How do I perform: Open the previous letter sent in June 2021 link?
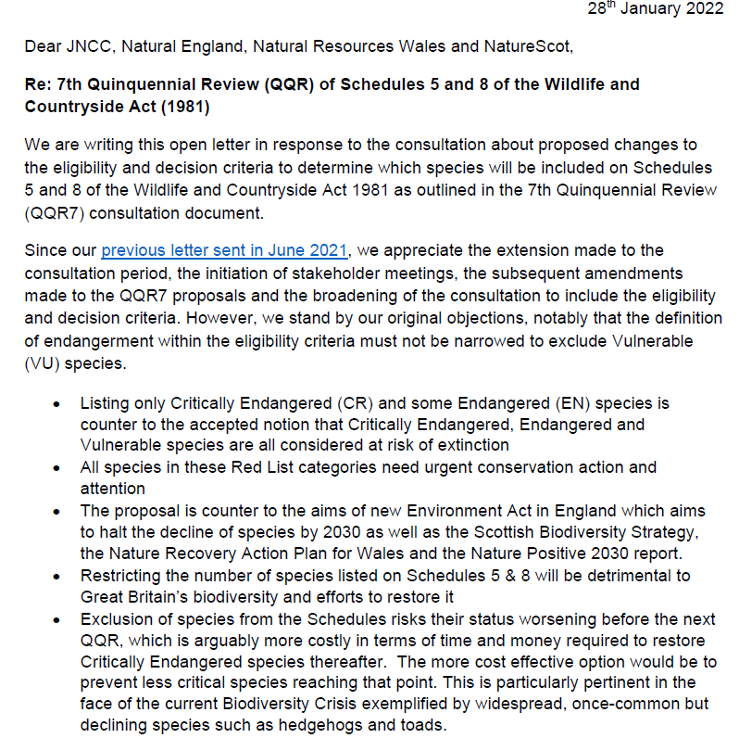(x=224, y=250)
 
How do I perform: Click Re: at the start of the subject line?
(x=40, y=84)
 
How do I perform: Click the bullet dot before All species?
(x=57, y=467)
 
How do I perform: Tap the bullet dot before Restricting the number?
(x=57, y=576)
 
